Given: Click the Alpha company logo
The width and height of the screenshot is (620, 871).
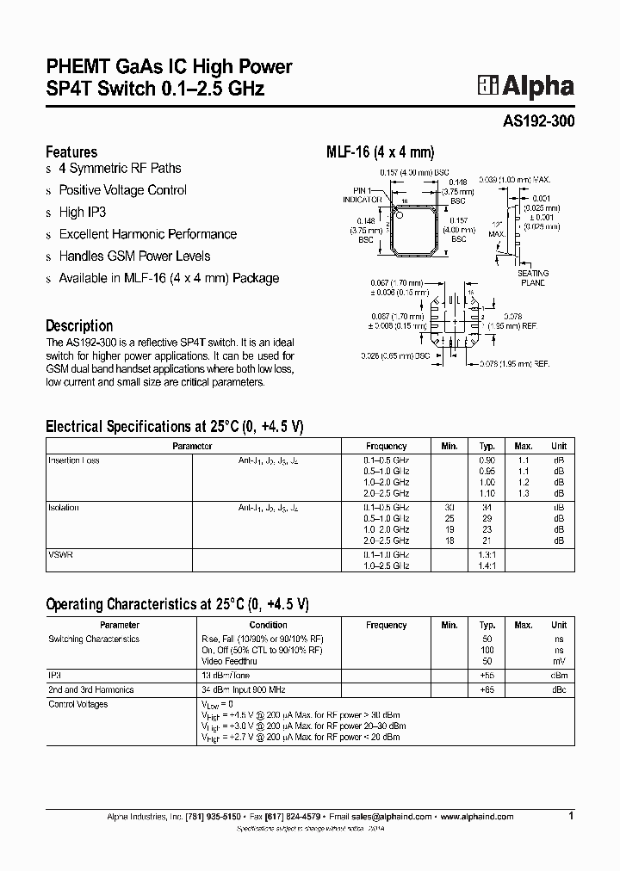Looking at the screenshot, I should pyautogui.click(x=526, y=86).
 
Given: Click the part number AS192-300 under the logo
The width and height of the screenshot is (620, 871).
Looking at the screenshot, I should pyautogui.click(x=538, y=122).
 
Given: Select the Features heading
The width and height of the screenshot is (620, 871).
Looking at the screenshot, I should pyautogui.click(x=71, y=151).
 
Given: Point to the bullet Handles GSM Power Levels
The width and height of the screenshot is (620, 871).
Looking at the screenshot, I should pyautogui.click(x=134, y=256).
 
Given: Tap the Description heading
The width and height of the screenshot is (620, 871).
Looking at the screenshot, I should pyautogui.click(x=79, y=325).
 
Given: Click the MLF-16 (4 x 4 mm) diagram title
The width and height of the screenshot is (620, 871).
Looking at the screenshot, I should pyautogui.click(x=374, y=151).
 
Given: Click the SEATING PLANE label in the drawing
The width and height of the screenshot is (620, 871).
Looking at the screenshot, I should pyautogui.click(x=532, y=277).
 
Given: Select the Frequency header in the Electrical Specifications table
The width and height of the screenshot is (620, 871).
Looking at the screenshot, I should pyautogui.click(x=386, y=446).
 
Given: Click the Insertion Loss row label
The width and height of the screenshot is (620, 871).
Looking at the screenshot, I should pyautogui.click(x=74, y=460).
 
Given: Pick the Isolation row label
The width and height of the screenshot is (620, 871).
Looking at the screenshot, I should pyautogui.click(x=64, y=508).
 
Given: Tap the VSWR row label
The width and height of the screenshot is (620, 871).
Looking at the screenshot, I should pyautogui.click(x=61, y=555).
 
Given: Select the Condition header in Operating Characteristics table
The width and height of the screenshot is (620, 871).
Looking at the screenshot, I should pyautogui.click(x=269, y=625).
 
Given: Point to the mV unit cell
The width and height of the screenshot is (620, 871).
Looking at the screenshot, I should pyautogui.click(x=560, y=660).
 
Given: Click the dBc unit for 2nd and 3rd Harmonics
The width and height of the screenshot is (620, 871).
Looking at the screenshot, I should pyautogui.click(x=559, y=690).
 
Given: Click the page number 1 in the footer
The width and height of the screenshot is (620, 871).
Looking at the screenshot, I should pyautogui.click(x=570, y=814).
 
